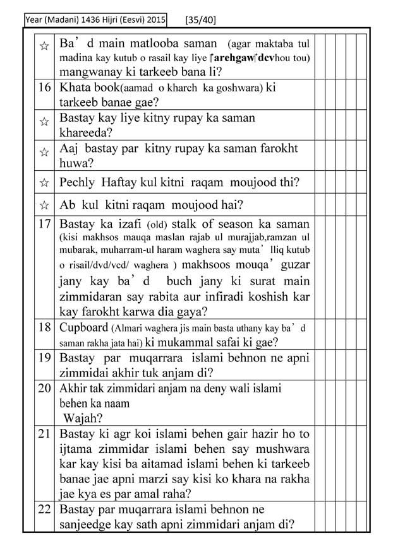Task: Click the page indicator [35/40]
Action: (201, 20)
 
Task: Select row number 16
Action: (44, 88)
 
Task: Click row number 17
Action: (44, 224)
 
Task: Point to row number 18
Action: (44, 327)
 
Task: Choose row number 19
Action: (44, 358)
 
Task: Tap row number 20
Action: (44, 388)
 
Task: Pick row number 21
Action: (44, 434)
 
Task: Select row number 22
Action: (44, 509)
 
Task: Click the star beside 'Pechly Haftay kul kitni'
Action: (44, 183)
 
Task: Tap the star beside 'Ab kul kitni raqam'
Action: (44, 205)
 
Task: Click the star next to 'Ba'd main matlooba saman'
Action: (44, 47)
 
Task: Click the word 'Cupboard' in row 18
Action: (83, 327)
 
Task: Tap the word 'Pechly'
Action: (78, 183)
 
